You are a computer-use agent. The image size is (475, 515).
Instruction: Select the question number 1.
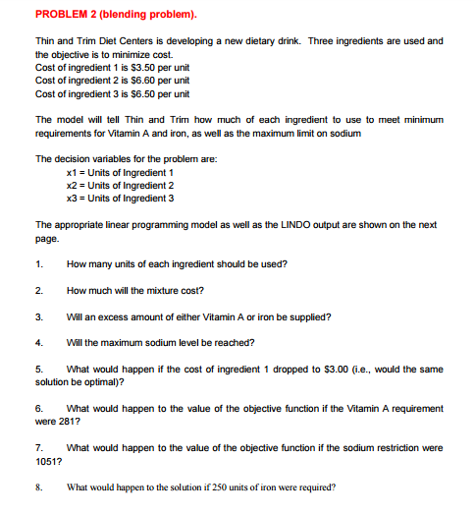click(x=37, y=263)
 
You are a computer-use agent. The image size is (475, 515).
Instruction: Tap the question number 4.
click(x=37, y=343)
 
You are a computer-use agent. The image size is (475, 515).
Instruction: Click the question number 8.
click(x=37, y=486)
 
